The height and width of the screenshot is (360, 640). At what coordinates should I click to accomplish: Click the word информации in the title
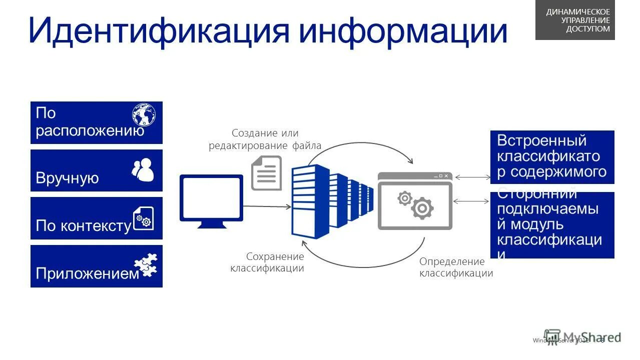pyautogui.click(x=403, y=31)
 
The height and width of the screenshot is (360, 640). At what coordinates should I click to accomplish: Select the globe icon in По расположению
pyautogui.click(x=144, y=114)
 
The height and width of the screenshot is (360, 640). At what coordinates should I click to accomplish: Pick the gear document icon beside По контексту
pyautogui.click(x=144, y=218)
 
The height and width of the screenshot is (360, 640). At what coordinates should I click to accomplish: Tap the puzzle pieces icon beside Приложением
pyautogui.click(x=146, y=265)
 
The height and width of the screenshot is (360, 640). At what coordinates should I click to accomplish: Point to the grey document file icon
pyautogui.click(x=266, y=173)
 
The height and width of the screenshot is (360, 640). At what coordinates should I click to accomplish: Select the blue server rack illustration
pyautogui.click(x=330, y=202)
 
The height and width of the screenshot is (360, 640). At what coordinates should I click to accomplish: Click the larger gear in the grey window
pyautogui.click(x=422, y=208)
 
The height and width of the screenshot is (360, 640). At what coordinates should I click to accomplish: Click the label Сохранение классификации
pyautogui.click(x=267, y=262)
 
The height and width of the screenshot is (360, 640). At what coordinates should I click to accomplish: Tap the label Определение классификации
pyautogui.click(x=456, y=267)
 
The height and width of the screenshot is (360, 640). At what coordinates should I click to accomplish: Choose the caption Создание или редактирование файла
pyautogui.click(x=265, y=139)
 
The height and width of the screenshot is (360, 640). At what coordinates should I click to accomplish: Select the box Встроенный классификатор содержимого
pyautogui.click(x=552, y=157)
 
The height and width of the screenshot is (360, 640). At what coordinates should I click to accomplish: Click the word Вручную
pyautogui.click(x=67, y=178)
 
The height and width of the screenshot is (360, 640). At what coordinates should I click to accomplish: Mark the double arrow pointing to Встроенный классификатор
pyautogui.click(x=472, y=177)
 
